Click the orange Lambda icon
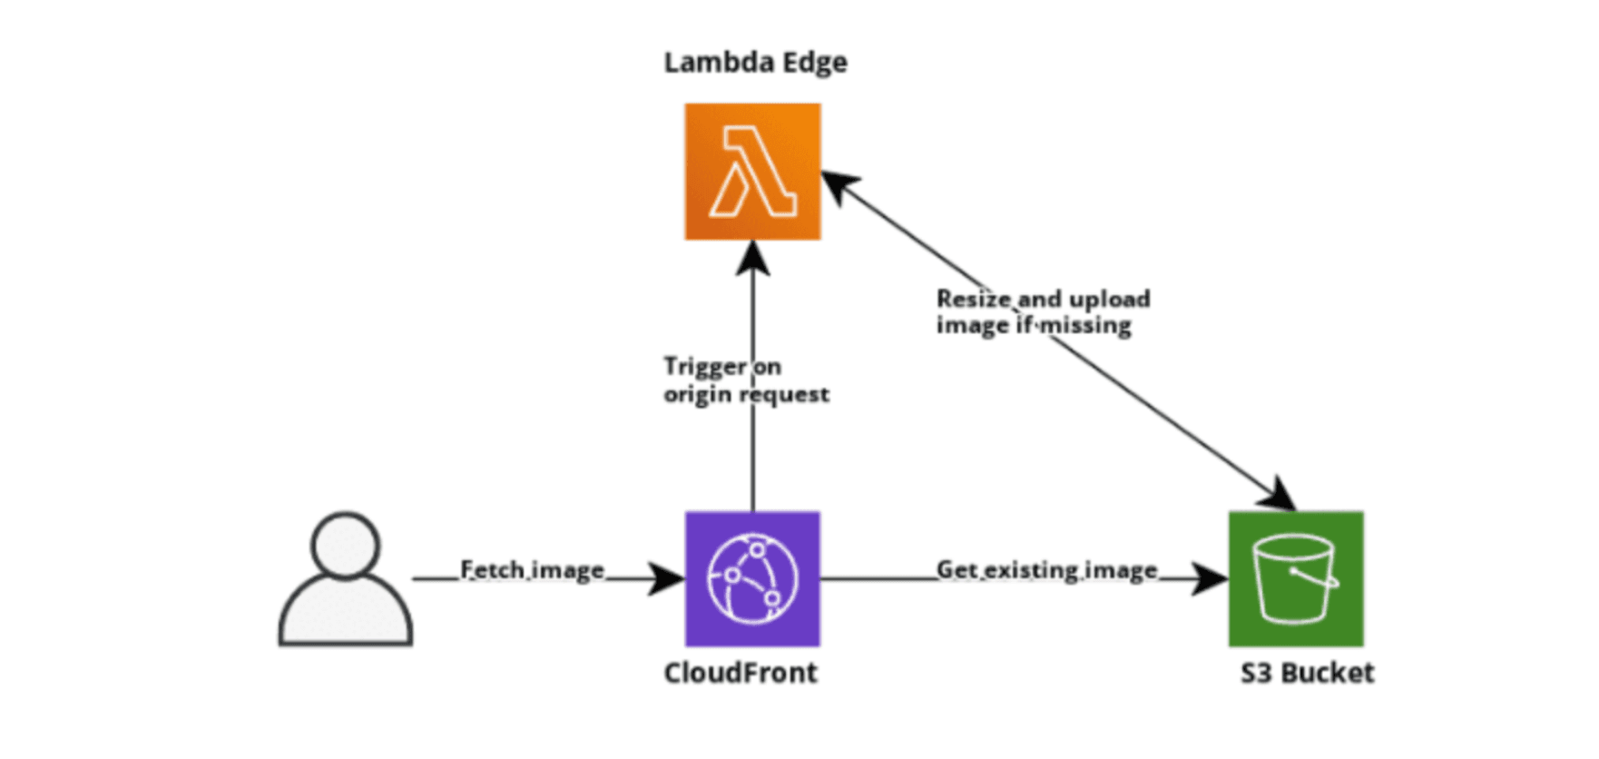[x=752, y=172]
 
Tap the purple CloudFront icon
[x=752, y=579]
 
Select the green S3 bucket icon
[x=1296, y=579]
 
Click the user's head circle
[x=345, y=545]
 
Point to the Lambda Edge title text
[x=755, y=63]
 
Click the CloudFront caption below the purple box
[x=741, y=673]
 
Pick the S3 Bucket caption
[x=1307, y=673]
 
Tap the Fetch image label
[x=532, y=570]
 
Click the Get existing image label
[x=1046, y=570]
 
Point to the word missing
[x=1085, y=325]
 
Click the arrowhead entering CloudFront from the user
[x=668, y=578]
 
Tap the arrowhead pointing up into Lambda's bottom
[x=752, y=258]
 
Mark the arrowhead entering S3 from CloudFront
[x=1211, y=578]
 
